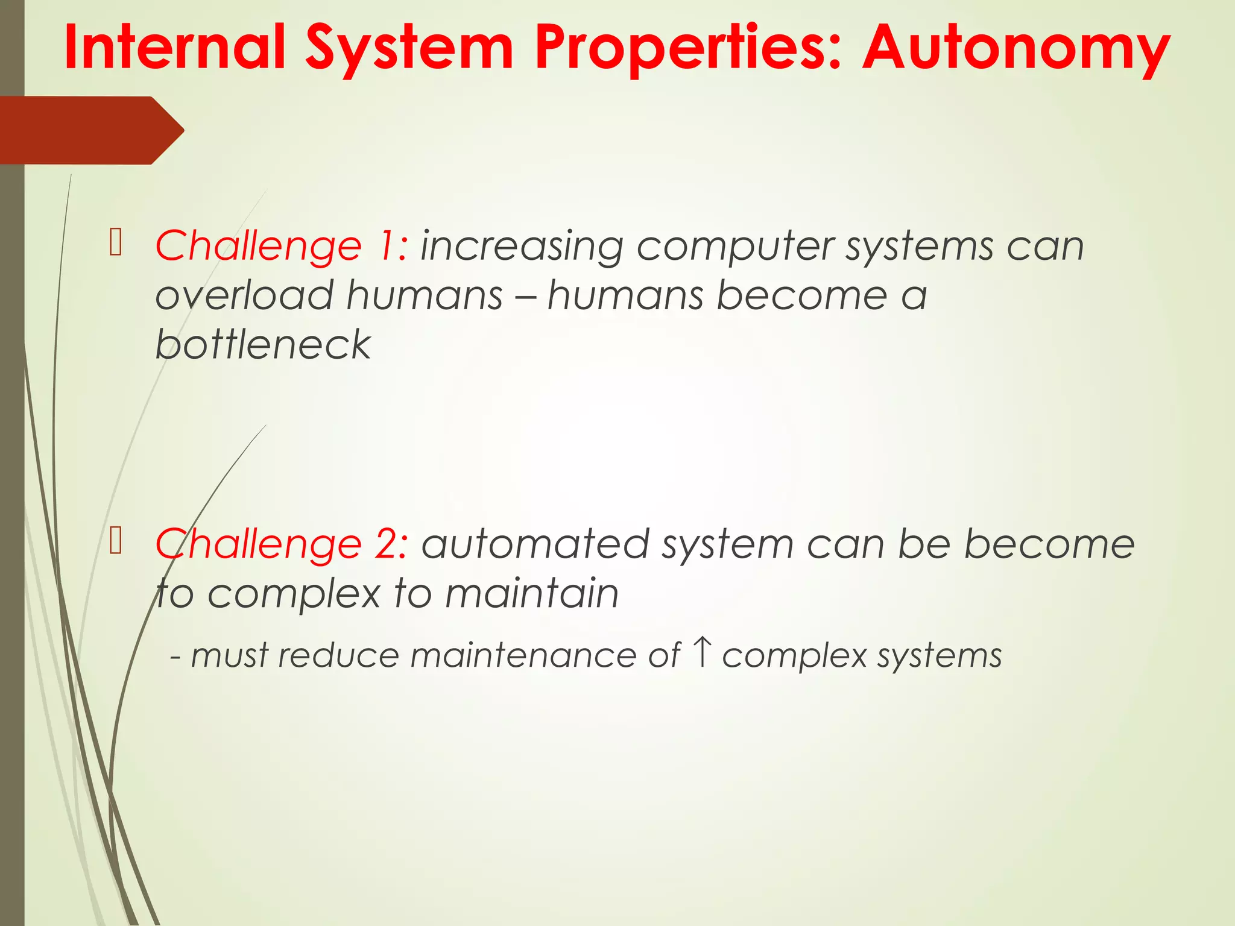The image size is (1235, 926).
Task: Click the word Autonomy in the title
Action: [x=1016, y=48]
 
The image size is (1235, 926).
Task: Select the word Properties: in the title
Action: [x=688, y=48]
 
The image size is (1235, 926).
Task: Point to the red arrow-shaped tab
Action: [x=90, y=130]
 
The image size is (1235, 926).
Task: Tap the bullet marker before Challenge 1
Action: [x=116, y=243]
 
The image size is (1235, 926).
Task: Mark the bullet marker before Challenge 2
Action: [x=116, y=541]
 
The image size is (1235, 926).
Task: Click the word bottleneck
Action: [x=263, y=345]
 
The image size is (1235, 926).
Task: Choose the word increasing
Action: [x=522, y=247]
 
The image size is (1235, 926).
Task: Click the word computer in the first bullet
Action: [x=734, y=247]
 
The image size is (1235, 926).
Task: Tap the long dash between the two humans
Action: [x=525, y=297]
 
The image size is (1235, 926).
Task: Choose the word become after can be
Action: [x=1049, y=544]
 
